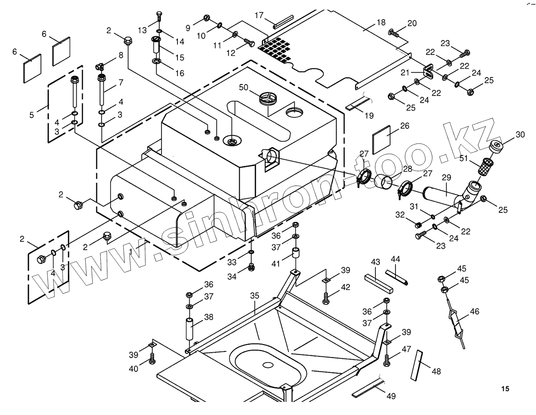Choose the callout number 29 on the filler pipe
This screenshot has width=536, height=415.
(x=446, y=178)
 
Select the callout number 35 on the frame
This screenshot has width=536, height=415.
(x=255, y=295)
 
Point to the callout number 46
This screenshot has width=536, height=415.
(x=474, y=312)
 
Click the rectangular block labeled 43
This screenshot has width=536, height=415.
(x=378, y=283)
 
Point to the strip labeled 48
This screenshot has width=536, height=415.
(x=416, y=366)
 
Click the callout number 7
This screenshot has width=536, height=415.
(x=120, y=82)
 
